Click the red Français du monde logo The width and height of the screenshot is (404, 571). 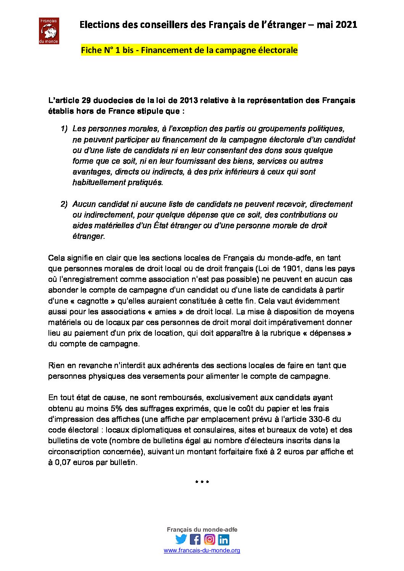(x=49, y=31)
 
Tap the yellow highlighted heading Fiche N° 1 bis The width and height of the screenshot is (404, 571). (x=189, y=50)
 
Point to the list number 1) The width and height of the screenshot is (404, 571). (x=64, y=129)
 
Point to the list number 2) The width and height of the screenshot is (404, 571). (x=64, y=204)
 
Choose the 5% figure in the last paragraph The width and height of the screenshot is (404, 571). (x=116, y=409)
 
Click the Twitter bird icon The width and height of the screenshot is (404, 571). (x=181, y=539)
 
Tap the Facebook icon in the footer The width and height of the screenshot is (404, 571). (x=195, y=539)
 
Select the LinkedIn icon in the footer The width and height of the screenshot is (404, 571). (x=223, y=539)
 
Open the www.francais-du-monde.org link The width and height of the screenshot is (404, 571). (x=202, y=550)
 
